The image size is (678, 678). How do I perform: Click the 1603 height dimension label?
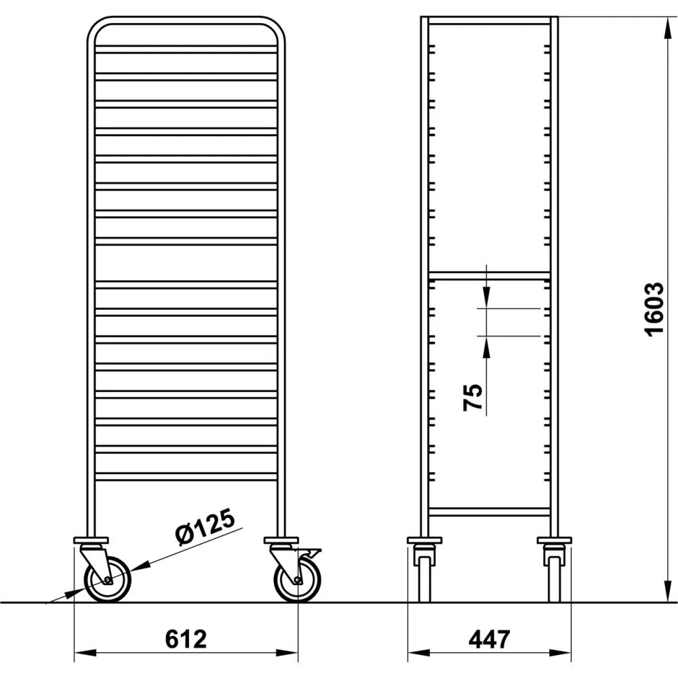coord(654,309)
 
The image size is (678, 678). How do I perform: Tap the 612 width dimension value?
coord(186,639)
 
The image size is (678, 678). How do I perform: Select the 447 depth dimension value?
coord(489,639)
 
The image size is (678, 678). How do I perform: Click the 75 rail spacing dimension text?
coord(473,397)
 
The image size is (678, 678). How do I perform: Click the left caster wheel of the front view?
coord(107,580)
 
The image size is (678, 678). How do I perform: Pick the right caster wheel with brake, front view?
coord(298,580)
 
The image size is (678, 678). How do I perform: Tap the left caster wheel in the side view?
coord(424,578)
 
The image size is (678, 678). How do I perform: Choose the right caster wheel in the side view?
coord(554,578)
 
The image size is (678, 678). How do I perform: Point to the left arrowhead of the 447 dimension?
coord(415,653)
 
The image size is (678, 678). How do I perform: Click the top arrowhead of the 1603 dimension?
coord(662,24)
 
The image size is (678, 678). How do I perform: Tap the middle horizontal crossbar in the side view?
coord(489,275)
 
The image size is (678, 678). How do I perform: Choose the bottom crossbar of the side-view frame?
coord(489,512)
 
